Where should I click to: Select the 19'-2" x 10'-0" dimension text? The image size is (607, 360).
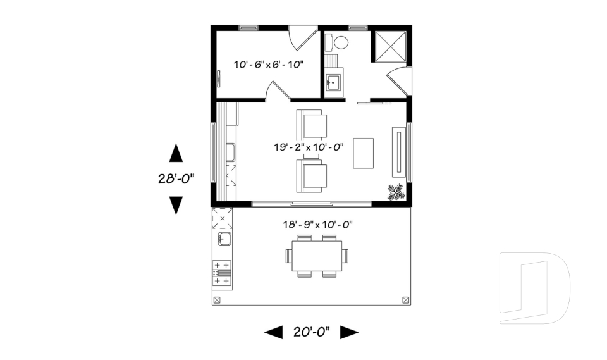click(x=309, y=147)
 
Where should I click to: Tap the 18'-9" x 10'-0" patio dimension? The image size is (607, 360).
click(x=317, y=224)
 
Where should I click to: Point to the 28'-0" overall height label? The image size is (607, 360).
click(x=175, y=178)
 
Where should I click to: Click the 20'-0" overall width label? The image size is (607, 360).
click(x=310, y=332)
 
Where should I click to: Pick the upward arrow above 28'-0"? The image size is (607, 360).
click(x=176, y=152)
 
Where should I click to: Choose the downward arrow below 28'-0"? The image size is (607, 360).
click(x=176, y=205)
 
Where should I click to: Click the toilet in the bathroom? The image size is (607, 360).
click(x=340, y=43)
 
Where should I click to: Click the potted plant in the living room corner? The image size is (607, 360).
click(x=396, y=192)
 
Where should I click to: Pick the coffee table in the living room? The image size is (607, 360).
click(x=364, y=152)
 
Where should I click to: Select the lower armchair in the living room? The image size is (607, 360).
click(x=313, y=175)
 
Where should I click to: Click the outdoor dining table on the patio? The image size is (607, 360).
click(x=317, y=256)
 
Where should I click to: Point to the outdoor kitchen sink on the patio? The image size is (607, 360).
click(x=224, y=239)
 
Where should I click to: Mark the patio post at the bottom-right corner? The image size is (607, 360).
click(x=405, y=300)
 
